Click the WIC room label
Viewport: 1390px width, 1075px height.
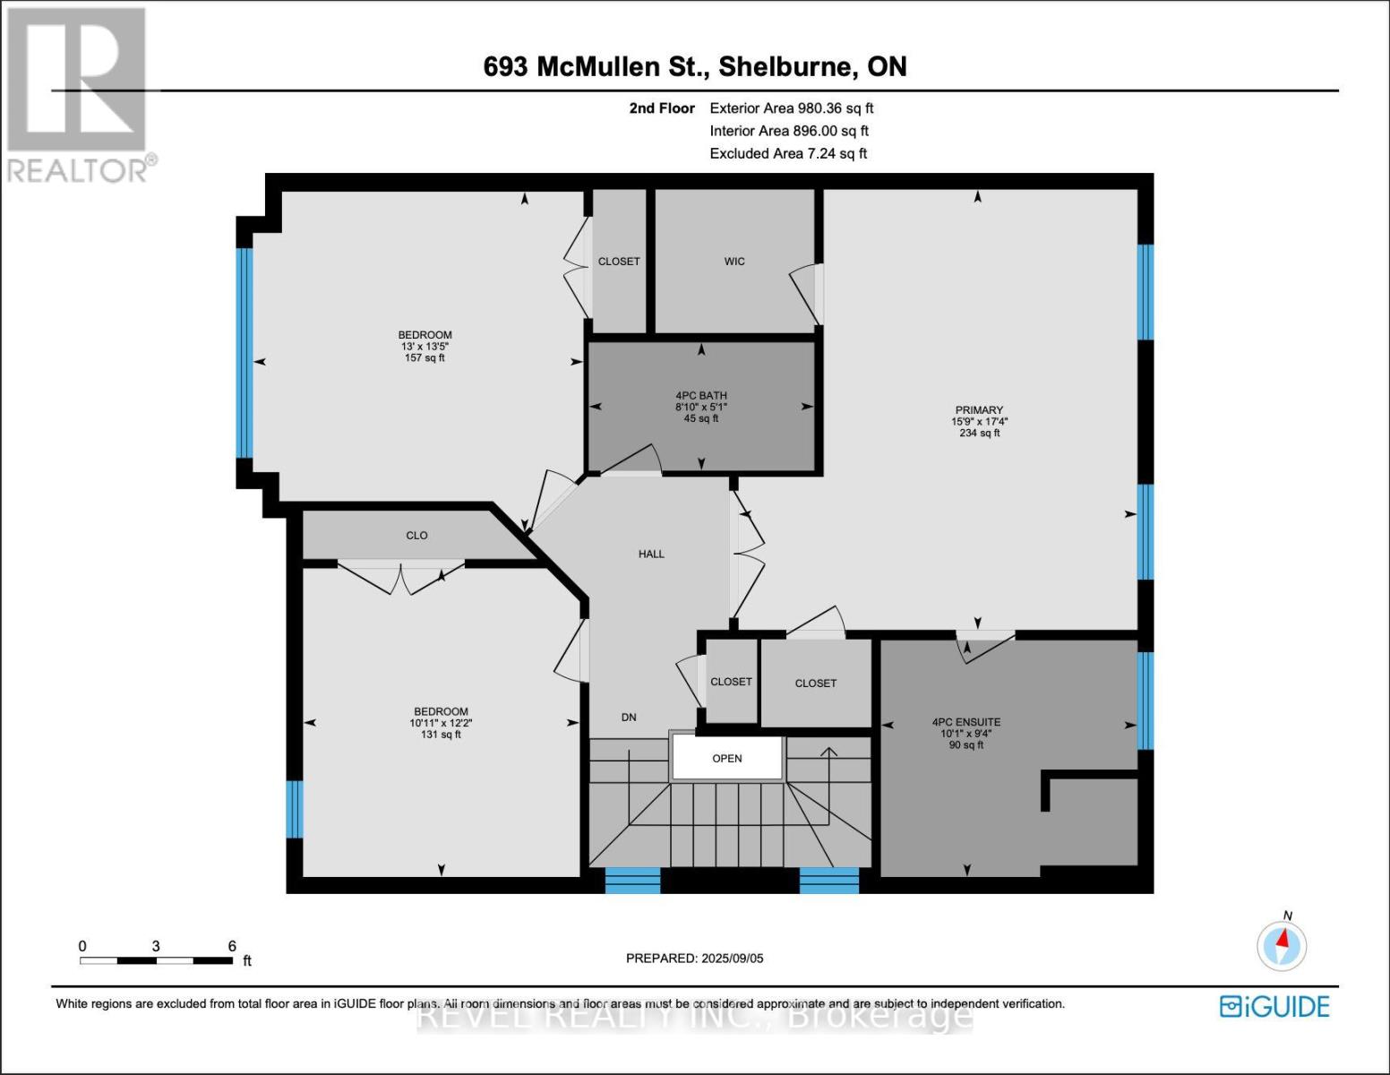tap(734, 262)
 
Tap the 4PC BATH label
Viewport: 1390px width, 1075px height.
tap(701, 396)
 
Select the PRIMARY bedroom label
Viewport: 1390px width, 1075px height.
tap(979, 410)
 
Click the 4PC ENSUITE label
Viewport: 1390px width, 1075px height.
tap(966, 722)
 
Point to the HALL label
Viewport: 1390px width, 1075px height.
tap(651, 555)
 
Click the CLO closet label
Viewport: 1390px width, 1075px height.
tap(416, 536)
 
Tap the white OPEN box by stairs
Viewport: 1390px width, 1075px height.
tap(727, 759)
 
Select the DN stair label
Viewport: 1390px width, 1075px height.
tap(629, 718)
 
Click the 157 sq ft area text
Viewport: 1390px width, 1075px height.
tap(425, 358)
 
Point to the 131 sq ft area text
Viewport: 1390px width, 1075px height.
tap(441, 735)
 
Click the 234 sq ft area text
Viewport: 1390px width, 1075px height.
tap(979, 434)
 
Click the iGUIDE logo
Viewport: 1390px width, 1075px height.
tap(1274, 1007)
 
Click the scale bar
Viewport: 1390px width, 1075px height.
tap(157, 960)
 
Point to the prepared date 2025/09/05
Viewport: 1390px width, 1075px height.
tap(694, 959)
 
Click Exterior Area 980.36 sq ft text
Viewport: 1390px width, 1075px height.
tap(791, 108)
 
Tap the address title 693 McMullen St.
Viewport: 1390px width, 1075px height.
tap(695, 67)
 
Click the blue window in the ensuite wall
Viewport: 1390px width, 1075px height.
tap(1145, 701)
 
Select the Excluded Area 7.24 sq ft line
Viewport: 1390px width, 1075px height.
tap(788, 153)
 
